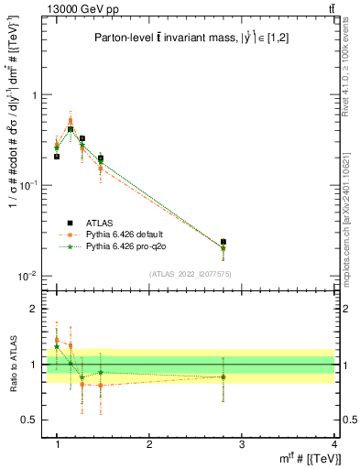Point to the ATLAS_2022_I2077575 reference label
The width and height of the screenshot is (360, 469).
191,274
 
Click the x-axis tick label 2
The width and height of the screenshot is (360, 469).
149,443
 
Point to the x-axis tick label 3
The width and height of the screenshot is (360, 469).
242,443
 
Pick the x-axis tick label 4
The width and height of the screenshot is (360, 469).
333,443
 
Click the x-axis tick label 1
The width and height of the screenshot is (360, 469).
58,443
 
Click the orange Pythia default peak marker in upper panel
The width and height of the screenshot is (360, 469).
71,120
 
